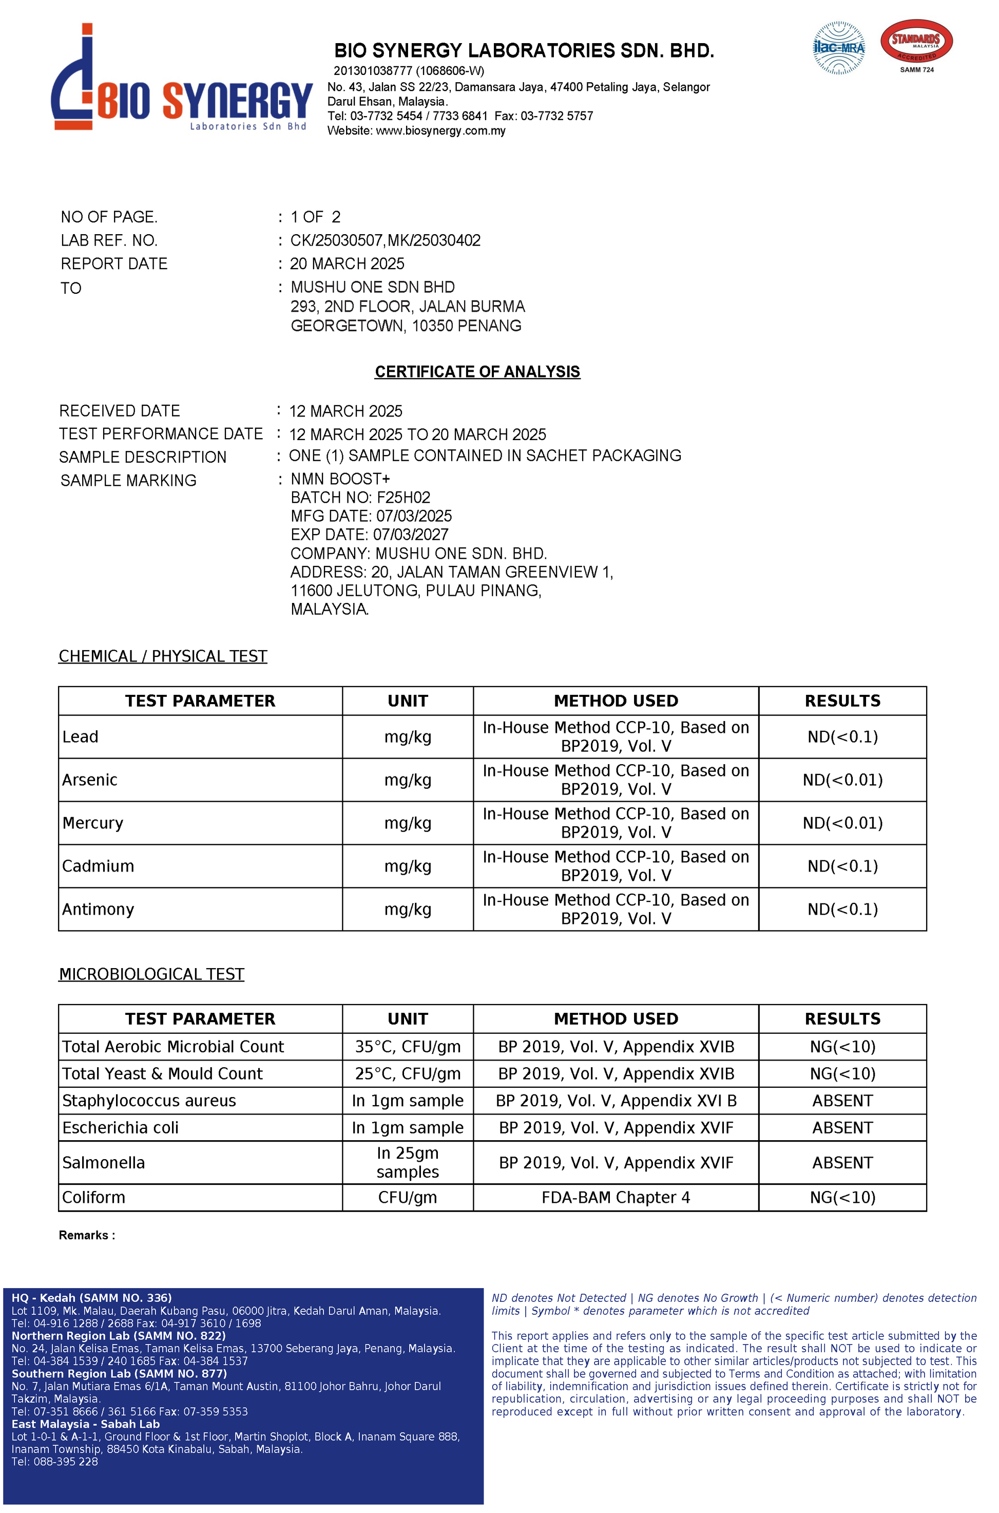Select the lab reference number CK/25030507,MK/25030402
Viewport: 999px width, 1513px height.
click(x=385, y=240)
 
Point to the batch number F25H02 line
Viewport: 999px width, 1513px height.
click(x=360, y=497)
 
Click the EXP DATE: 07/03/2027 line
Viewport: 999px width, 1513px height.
click(x=369, y=534)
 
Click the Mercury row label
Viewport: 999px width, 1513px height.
click(x=93, y=823)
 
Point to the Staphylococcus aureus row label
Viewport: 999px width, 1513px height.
click(x=149, y=1101)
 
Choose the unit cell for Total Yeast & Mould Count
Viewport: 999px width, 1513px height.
click(x=408, y=1074)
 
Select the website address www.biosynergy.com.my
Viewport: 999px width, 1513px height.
click(x=440, y=130)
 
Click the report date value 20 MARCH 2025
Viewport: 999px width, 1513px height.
click(x=347, y=264)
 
